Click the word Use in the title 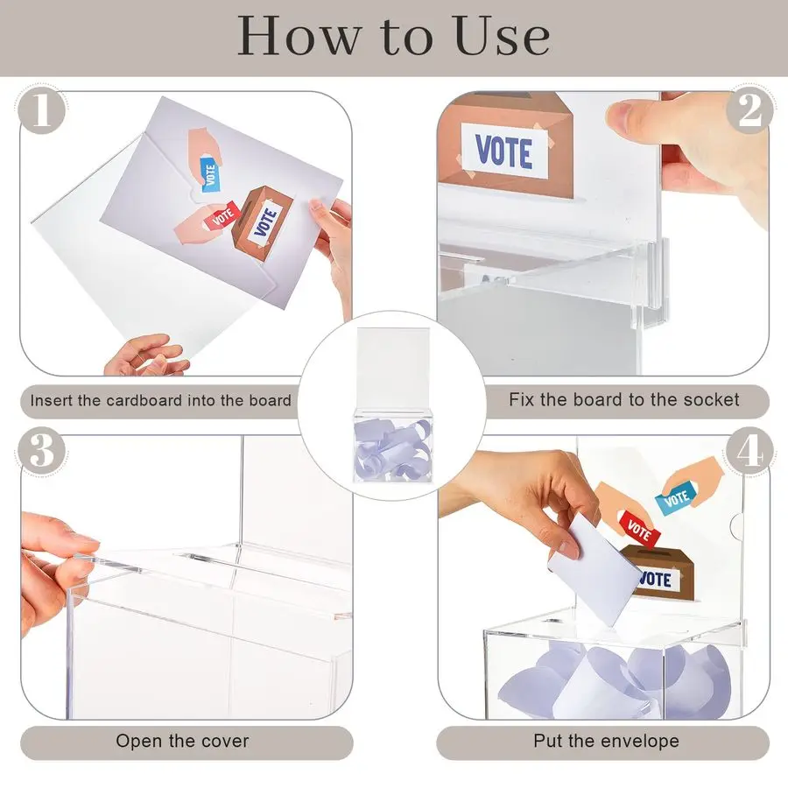pos(500,36)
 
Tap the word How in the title pos(299,35)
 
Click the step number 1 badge pos(42,110)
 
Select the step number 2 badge pos(749,110)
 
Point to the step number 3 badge pos(42,451)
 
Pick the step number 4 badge pos(749,451)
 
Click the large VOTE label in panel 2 pos(503,151)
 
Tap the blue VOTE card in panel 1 pos(210,173)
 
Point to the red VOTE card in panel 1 pos(222,216)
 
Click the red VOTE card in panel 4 pos(639,529)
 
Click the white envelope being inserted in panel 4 pos(594,570)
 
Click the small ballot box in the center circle pos(393,446)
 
